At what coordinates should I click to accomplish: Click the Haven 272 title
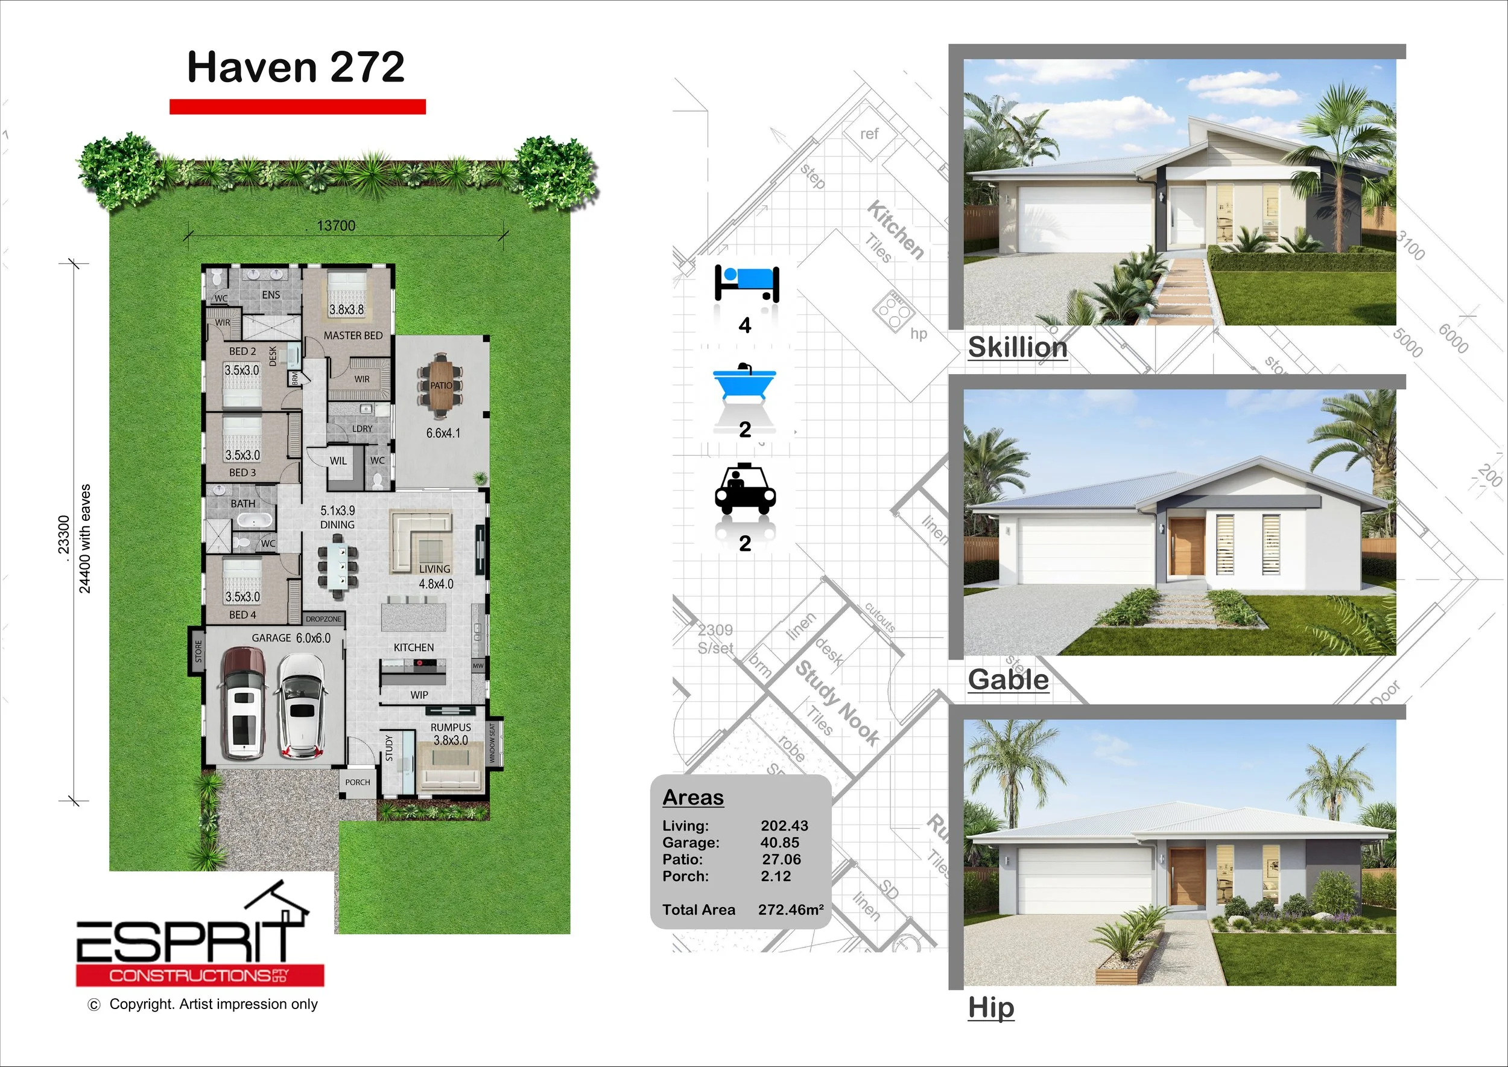[x=296, y=67]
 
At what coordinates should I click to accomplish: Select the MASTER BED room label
[x=353, y=336]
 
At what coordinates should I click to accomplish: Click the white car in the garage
[x=302, y=705]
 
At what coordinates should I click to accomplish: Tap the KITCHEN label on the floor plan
[x=413, y=648]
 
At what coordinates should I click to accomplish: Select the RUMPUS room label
[x=451, y=727]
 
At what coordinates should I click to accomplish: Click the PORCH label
[x=357, y=783]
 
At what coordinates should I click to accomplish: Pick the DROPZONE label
[x=323, y=619]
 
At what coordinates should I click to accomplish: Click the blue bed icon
[x=746, y=282]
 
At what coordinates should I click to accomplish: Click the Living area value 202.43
[x=784, y=826]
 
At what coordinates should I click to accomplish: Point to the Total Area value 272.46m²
[x=790, y=910]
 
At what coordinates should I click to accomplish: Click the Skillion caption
[x=1018, y=347]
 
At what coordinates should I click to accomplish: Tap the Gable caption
[x=1008, y=680]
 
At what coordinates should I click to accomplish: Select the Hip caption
[x=991, y=1007]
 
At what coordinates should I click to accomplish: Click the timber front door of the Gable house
[x=1186, y=547]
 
